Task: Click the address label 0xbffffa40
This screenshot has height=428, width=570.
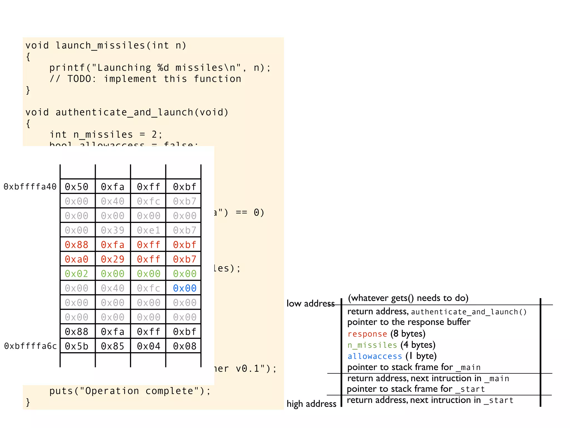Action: [x=30, y=187]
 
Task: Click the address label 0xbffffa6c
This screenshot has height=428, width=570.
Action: [x=30, y=346]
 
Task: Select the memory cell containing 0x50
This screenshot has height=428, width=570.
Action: [x=77, y=187]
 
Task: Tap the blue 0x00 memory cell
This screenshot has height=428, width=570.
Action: [x=185, y=288]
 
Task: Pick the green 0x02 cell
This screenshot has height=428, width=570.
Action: [x=77, y=274]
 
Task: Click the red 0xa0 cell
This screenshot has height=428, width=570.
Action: [x=77, y=259]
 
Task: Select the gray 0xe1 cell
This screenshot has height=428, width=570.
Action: [x=149, y=230]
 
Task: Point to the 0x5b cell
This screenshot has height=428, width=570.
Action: [x=77, y=346]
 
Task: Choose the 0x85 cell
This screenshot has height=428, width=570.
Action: [x=112, y=346]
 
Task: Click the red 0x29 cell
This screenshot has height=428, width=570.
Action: [x=112, y=259]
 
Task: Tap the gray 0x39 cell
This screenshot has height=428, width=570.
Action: [x=112, y=230]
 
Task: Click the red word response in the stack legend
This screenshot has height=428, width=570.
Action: [x=367, y=334]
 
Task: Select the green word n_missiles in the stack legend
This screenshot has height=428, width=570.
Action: [x=372, y=345]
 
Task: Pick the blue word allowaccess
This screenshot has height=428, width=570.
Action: [x=375, y=356]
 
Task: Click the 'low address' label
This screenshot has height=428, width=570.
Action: [x=310, y=303]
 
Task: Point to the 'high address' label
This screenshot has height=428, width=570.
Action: [x=311, y=404]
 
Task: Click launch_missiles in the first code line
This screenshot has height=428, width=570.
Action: [x=100, y=45]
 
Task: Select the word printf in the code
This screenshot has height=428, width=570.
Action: [x=67, y=68]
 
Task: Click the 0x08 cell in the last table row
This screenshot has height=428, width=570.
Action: [x=185, y=346]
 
